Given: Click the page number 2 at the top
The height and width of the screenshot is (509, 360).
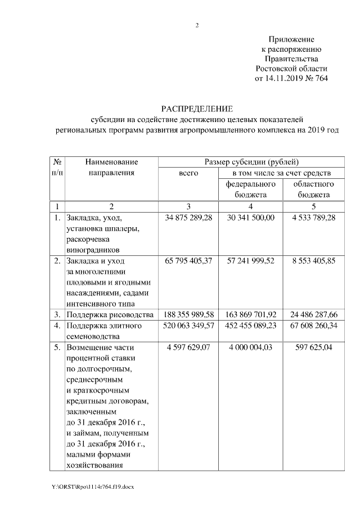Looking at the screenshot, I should tap(197, 24).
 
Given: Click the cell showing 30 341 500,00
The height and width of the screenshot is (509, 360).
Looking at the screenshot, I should tap(251, 217).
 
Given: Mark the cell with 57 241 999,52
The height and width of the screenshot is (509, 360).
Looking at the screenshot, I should tap(251, 261).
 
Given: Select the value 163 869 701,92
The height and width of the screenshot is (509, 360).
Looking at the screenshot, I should tap(251, 314).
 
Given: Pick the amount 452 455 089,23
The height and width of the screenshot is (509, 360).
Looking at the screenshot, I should tap(251, 325).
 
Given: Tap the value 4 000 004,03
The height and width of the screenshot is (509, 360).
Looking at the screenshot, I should tap(251, 347).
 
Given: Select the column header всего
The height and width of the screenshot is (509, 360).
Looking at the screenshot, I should tap(188, 173).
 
